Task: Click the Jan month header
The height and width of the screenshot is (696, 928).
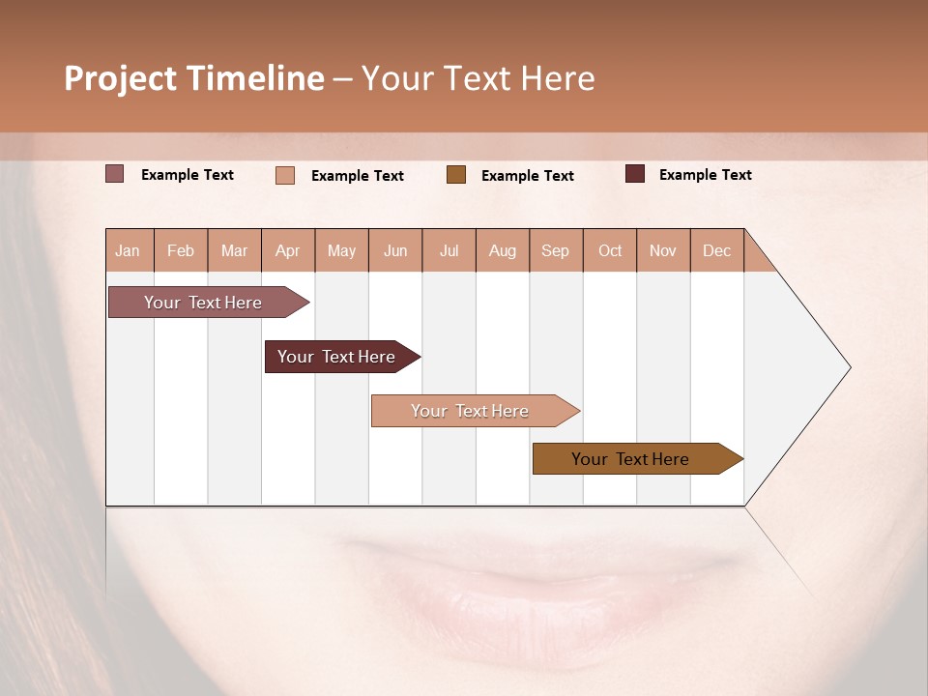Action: coord(129,250)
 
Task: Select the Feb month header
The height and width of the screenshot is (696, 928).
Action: coord(181,250)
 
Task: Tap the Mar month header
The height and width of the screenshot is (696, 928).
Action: coord(234,250)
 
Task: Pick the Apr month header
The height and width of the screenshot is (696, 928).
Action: coord(288,250)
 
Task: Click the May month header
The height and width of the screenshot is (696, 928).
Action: coord(341,250)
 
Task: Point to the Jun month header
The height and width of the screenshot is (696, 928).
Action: coord(395,250)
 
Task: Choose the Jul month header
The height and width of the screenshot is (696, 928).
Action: coord(449,250)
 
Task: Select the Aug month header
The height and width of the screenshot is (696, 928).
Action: coord(503,250)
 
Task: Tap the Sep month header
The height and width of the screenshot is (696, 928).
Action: coord(556,250)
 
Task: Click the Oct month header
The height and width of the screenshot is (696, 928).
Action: coord(610,250)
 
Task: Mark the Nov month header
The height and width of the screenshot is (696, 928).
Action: coord(663,250)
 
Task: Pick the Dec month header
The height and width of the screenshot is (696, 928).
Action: coord(717,250)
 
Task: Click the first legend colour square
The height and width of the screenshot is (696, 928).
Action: coord(115,174)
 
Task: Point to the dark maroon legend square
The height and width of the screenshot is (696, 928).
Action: coord(635,174)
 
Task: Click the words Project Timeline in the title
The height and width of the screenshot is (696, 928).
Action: coord(194,78)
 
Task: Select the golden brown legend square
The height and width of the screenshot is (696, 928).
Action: coord(456,175)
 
